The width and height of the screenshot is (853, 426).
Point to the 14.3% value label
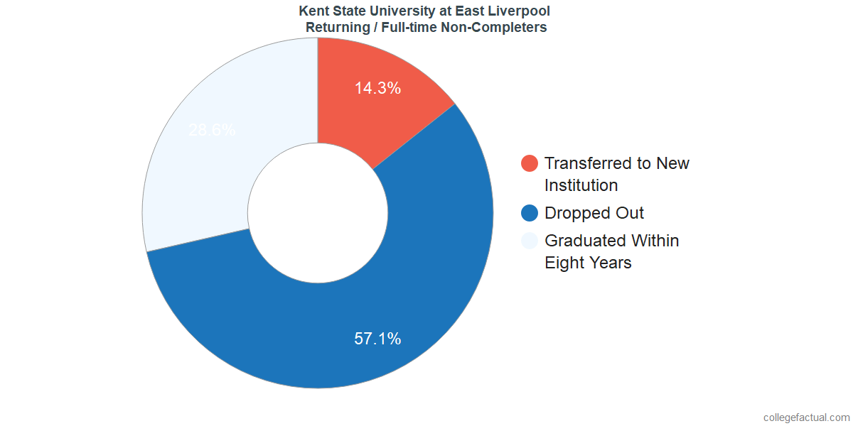click(377, 89)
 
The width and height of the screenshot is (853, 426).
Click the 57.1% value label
click(377, 339)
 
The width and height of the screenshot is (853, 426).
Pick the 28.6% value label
click(212, 131)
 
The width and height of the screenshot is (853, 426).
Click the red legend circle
click(530, 163)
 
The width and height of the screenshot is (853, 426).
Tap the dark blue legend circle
click(530, 213)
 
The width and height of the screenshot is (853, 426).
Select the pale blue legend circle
click(530, 241)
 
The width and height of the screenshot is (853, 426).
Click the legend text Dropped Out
click(594, 213)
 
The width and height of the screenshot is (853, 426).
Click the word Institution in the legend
click(581, 185)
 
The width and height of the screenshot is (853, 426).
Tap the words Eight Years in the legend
click(588, 263)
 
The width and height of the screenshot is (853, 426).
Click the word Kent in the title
click(313, 11)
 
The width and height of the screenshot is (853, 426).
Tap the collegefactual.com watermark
click(805, 417)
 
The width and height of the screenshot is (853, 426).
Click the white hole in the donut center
click(318, 213)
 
